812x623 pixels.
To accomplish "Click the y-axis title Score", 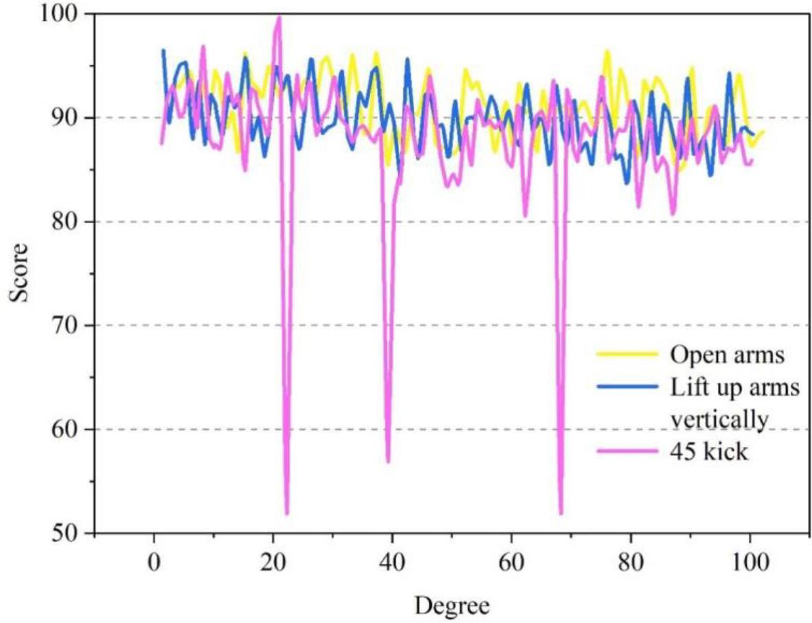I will pos(19,273).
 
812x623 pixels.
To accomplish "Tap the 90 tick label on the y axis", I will pos(73,118).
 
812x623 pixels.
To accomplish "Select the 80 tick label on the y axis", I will pos(73,222).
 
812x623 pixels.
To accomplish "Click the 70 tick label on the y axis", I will pos(73,326).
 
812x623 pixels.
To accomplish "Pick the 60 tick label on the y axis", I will pos(73,429).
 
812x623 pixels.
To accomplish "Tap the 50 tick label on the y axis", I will pos(73,533).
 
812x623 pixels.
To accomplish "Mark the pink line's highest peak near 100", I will pos(278,17).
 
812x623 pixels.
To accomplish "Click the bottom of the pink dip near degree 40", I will pos(388,461).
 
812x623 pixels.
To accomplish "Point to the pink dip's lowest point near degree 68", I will pos(561,512).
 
